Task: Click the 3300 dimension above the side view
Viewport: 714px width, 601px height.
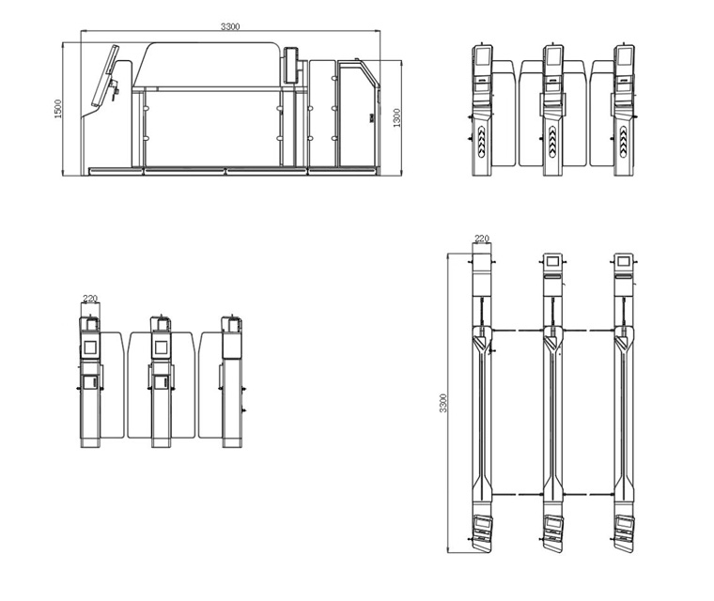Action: [x=230, y=26]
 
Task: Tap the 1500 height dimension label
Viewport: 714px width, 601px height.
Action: [x=58, y=109]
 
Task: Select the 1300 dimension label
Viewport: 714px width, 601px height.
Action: [x=396, y=117]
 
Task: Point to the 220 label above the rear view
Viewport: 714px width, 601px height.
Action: [x=90, y=299]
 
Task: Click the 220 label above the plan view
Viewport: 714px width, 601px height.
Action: [x=482, y=239]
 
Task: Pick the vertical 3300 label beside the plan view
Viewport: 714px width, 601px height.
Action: [x=443, y=403]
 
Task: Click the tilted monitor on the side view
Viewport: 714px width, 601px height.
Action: [x=105, y=75]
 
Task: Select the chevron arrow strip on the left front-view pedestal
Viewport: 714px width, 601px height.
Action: [x=482, y=142]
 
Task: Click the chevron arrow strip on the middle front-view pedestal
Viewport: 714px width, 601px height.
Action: [x=552, y=142]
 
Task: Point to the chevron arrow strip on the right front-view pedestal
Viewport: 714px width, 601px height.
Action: [x=624, y=142]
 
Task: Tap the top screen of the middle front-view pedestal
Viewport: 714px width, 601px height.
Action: [x=553, y=56]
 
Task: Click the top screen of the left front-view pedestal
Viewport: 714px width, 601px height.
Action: [x=483, y=56]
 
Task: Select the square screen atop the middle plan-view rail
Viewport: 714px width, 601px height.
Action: [x=552, y=261]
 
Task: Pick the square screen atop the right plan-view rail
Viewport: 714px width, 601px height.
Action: [x=624, y=261]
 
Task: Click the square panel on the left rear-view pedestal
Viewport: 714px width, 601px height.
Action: [x=90, y=347]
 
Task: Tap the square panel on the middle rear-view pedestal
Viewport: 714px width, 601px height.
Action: [x=161, y=347]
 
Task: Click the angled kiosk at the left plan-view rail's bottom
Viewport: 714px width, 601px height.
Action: [x=482, y=533]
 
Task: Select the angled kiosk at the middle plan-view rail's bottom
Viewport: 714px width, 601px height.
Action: [x=552, y=533]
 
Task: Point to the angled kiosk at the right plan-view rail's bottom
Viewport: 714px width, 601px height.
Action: [x=624, y=533]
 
